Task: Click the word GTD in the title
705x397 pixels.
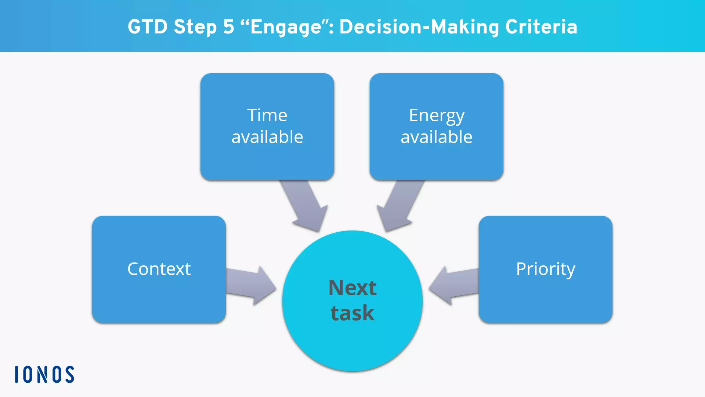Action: [x=148, y=27]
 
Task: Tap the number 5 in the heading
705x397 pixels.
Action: [x=228, y=27]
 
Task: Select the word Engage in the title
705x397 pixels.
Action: [x=286, y=28]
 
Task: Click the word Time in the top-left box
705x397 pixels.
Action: [x=267, y=115]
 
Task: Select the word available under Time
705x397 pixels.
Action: [x=267, y=137]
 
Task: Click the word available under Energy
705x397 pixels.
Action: [x=436, y=137]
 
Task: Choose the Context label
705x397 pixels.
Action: [x=159, y=269]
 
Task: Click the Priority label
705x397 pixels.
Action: [x=545, y=269]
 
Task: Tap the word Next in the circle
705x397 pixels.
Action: [x=352, y=287]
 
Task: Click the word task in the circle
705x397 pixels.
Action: [x=352, y=313]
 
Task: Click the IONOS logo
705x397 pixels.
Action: [x=44, y=375]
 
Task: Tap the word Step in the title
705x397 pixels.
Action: [x=195, y=28]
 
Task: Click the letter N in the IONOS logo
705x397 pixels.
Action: [x=43, y=375]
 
